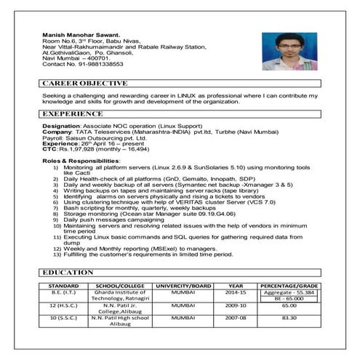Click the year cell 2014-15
click(x=237, y=293)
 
